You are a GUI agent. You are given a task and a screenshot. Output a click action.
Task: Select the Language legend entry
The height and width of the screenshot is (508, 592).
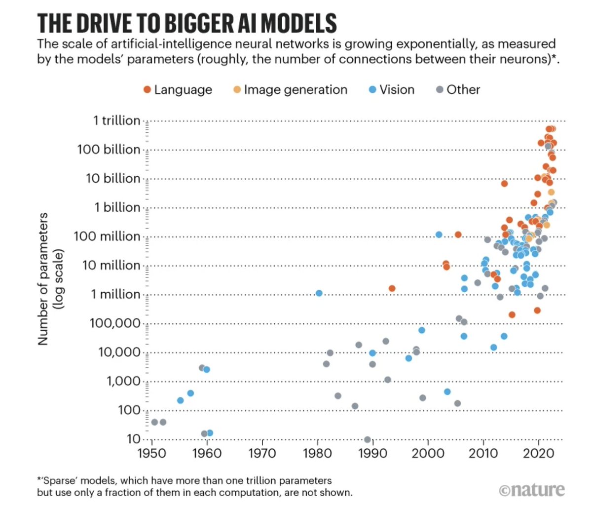[177, 90]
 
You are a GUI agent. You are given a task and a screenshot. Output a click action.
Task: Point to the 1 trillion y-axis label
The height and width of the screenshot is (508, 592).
[116, 120]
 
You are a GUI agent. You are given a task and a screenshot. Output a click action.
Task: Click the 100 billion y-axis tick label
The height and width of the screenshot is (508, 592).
[109, 149]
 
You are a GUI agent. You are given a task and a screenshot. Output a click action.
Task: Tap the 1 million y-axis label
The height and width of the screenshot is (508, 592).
[115, 294]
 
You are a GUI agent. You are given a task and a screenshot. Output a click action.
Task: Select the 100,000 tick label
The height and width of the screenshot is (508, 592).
[114, 323]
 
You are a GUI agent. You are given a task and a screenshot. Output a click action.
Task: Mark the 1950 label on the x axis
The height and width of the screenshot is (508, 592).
[152, 453]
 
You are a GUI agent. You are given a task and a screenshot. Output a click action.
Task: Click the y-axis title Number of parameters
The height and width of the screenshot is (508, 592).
[43, 279]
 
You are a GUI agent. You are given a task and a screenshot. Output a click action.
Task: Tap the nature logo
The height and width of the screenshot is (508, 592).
[531, 490]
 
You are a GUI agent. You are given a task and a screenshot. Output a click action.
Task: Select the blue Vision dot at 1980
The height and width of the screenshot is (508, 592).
[319, 293]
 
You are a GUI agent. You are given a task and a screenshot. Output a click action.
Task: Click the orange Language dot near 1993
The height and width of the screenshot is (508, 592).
[392, 288]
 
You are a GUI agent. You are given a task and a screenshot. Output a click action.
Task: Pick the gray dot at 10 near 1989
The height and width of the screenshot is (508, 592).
[367, 439]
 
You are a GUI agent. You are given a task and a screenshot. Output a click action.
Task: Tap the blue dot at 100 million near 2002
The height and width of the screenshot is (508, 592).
[439, 234]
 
